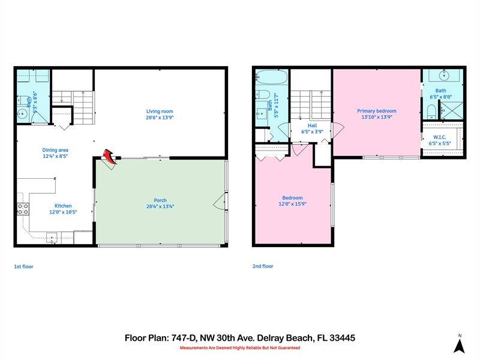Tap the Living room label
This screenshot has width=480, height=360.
click(160, 111)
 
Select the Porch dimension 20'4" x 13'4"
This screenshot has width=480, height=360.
click(160, 206)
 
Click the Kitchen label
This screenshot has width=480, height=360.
click(63, 205)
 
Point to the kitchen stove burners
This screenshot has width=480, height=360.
click(23, 209)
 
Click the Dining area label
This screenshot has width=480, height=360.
click(55, 150)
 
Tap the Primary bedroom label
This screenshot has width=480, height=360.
click(376, 111)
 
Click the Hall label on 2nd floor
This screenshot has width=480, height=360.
click(312, 125)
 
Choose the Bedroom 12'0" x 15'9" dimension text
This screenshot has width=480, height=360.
click(292, 204)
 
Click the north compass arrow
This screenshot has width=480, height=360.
click(459, 345)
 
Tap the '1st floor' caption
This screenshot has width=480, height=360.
click(23, 266)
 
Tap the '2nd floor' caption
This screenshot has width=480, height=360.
click(263, 266)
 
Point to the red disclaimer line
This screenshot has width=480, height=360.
click(239, 347)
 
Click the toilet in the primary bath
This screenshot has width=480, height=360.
click(431, 111)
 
